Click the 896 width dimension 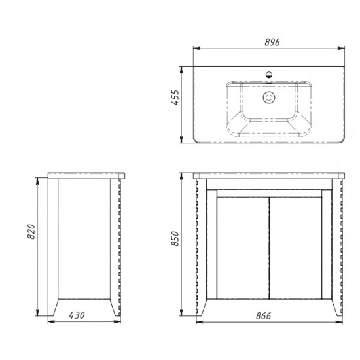(272, 43)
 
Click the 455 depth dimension (175, 97)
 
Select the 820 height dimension (31, 232)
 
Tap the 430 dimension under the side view (77, 315)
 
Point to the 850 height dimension (175, 238)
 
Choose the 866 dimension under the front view (263, 316)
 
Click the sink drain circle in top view (269, 98)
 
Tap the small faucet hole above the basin (269, 75)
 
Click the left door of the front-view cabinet (243, 248)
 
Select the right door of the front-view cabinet (296, 248)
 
